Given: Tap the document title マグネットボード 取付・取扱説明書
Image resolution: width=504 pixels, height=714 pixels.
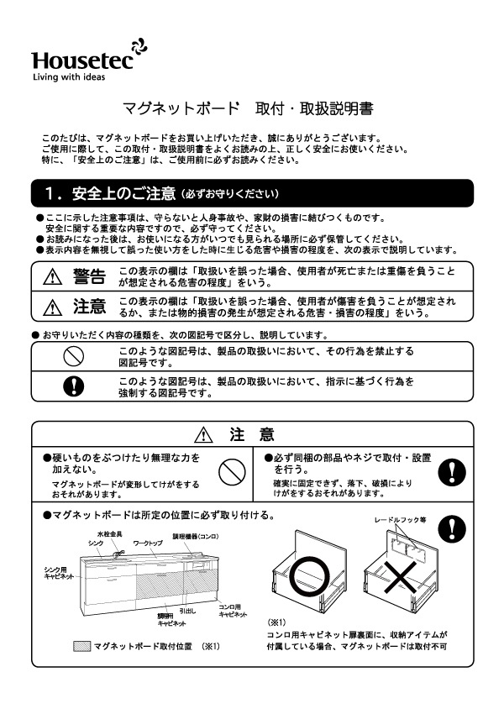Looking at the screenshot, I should coord(248,109).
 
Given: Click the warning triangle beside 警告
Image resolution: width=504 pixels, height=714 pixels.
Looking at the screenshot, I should coord(55,277).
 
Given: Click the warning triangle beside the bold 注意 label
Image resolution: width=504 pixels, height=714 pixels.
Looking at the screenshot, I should coord(55,306).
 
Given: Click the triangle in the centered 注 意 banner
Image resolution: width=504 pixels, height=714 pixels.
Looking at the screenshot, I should coord(204,434).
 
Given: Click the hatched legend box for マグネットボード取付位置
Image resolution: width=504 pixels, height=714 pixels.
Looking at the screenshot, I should coord(81,646).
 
